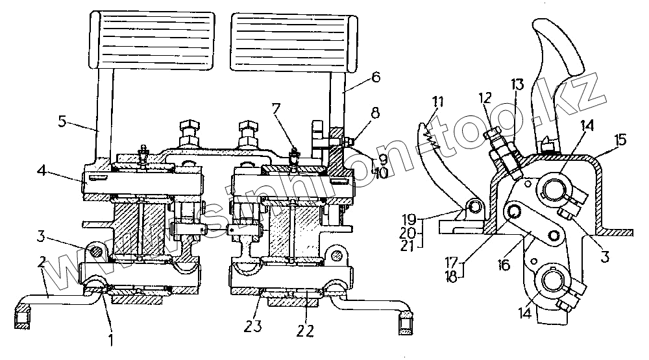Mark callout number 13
517,84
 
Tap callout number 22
305,330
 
